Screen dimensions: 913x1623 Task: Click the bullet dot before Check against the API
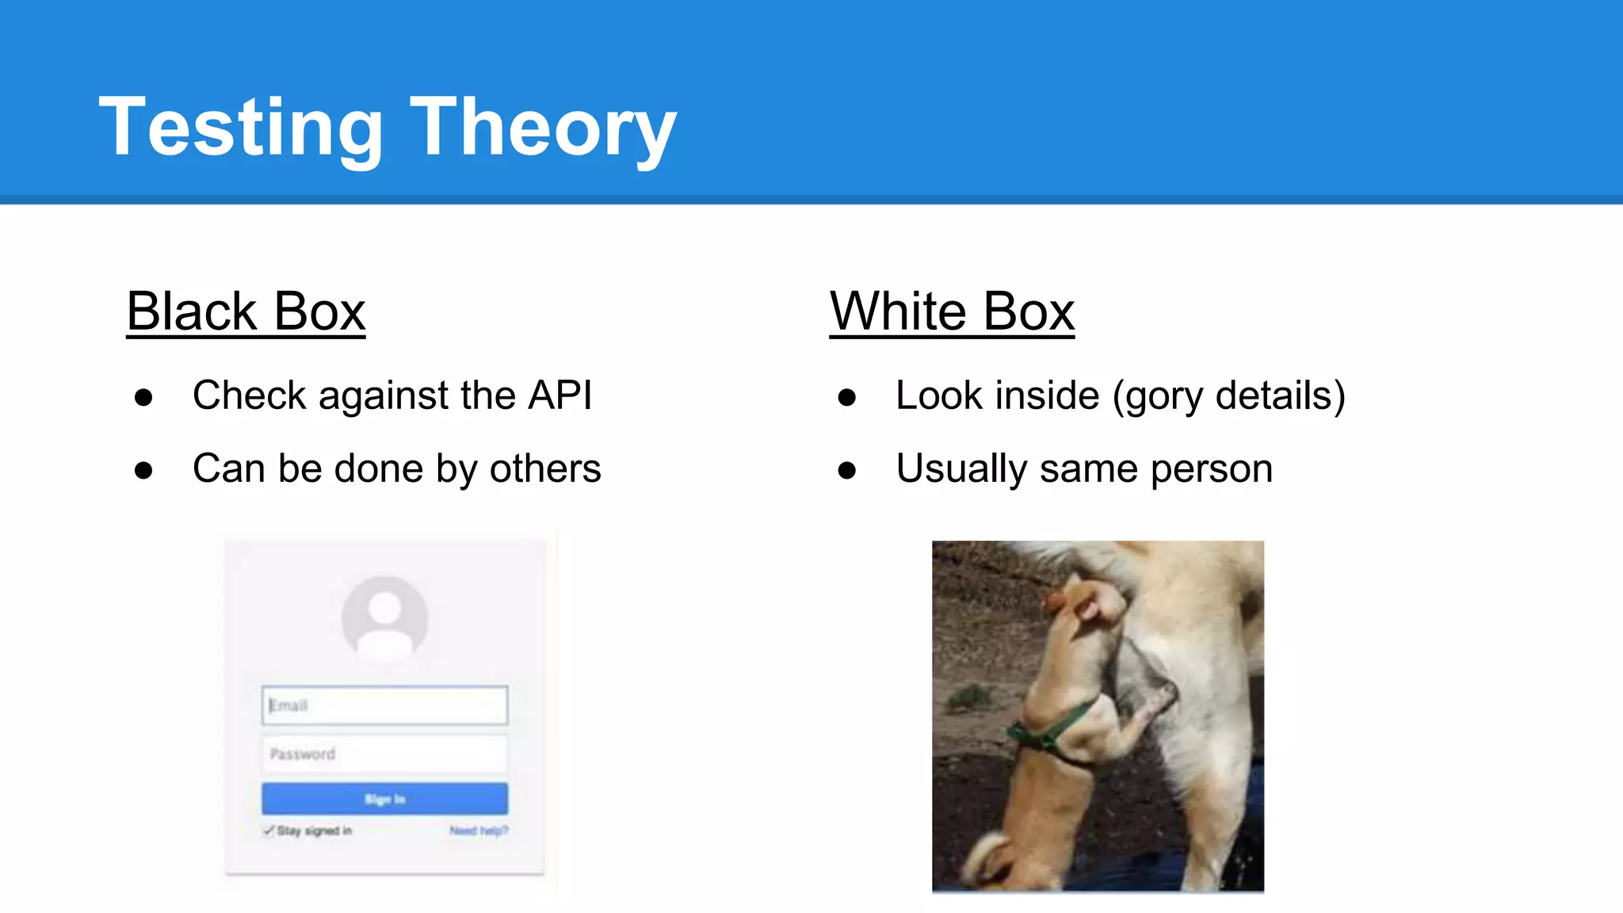(143, 397)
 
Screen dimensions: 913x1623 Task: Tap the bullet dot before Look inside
(846, 397)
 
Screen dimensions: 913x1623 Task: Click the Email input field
(384, 705)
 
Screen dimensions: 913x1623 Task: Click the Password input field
(384, 754)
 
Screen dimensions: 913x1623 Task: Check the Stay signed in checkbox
(269, 831)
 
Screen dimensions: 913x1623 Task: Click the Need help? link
(479, 831)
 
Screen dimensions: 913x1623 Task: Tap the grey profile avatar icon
(385, 618)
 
